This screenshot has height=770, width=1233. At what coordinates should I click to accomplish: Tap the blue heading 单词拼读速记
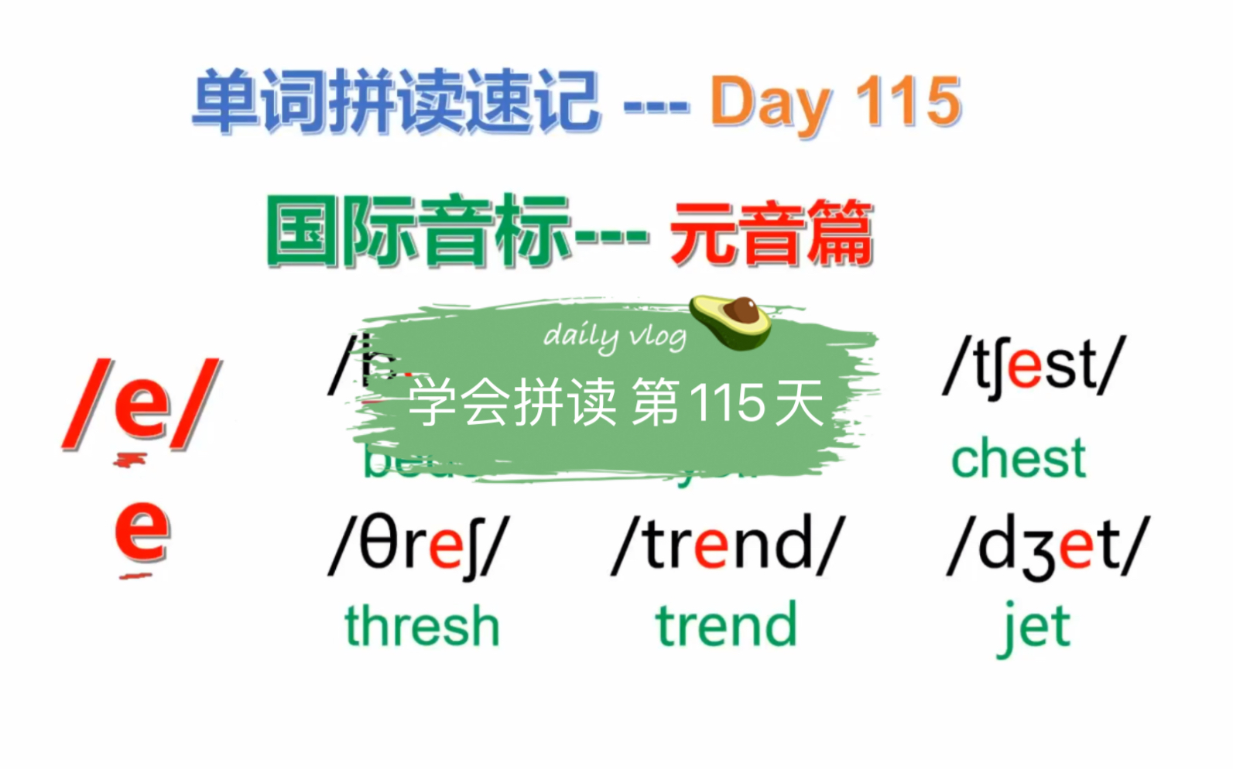point(396,101)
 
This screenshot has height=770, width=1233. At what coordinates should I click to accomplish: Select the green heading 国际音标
point(418,231)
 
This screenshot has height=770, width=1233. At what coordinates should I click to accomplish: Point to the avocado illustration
point(731,320)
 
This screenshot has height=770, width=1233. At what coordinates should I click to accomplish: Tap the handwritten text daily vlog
point(615,337)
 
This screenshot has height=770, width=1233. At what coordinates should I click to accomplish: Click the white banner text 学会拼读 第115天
point(615,403)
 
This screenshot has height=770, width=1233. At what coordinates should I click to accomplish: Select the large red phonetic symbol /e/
point(142,404)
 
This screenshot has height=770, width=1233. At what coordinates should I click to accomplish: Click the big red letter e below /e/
point(142,529)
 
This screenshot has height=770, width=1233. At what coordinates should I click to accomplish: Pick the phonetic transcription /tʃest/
point(1034,366)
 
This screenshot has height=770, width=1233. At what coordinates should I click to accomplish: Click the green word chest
point(1019,459)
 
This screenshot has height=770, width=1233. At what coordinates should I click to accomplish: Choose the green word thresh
point(422,626)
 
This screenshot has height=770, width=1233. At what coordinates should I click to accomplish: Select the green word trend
point(726,626)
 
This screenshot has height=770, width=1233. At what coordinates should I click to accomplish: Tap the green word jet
point(1034,628)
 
